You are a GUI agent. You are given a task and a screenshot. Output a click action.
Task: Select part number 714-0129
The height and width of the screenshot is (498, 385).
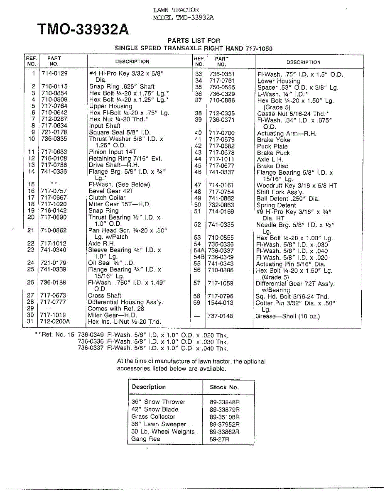click(54, 73)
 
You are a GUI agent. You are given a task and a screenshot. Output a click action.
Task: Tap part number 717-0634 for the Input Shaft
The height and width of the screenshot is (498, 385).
click(54, 126)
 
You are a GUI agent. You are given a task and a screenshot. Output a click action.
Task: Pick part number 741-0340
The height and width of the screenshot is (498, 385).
click(54, 250)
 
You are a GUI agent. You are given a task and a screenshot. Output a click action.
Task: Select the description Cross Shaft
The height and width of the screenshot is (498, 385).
click(105, 295)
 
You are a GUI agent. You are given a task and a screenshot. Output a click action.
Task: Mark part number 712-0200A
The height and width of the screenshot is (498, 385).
click(55, 322)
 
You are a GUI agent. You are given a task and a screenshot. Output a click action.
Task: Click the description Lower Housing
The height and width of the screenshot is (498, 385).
click(279, 81)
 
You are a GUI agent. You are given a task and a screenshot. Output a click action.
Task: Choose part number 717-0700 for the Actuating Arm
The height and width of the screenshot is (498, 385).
click(221, 133)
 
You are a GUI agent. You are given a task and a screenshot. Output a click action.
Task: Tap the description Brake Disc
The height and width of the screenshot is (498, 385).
click(272, 166)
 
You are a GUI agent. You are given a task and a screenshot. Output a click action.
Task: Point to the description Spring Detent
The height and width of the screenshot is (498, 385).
click(277, 205)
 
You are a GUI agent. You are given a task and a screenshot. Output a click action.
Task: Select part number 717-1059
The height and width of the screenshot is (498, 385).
click(221, 283)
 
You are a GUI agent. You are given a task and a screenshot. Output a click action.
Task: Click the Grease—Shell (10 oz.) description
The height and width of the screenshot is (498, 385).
click(287, 316)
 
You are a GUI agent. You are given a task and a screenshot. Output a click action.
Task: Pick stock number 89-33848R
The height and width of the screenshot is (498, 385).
click(225, 402)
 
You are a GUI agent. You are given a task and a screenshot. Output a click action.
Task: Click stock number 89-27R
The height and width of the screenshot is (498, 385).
click(220, 439)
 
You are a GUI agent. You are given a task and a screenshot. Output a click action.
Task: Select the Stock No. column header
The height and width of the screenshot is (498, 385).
click(224, 387)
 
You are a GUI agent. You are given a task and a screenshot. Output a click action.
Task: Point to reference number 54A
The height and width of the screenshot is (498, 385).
click(199, 251)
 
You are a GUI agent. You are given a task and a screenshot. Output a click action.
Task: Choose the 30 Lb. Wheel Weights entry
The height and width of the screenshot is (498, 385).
click(163, 432)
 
